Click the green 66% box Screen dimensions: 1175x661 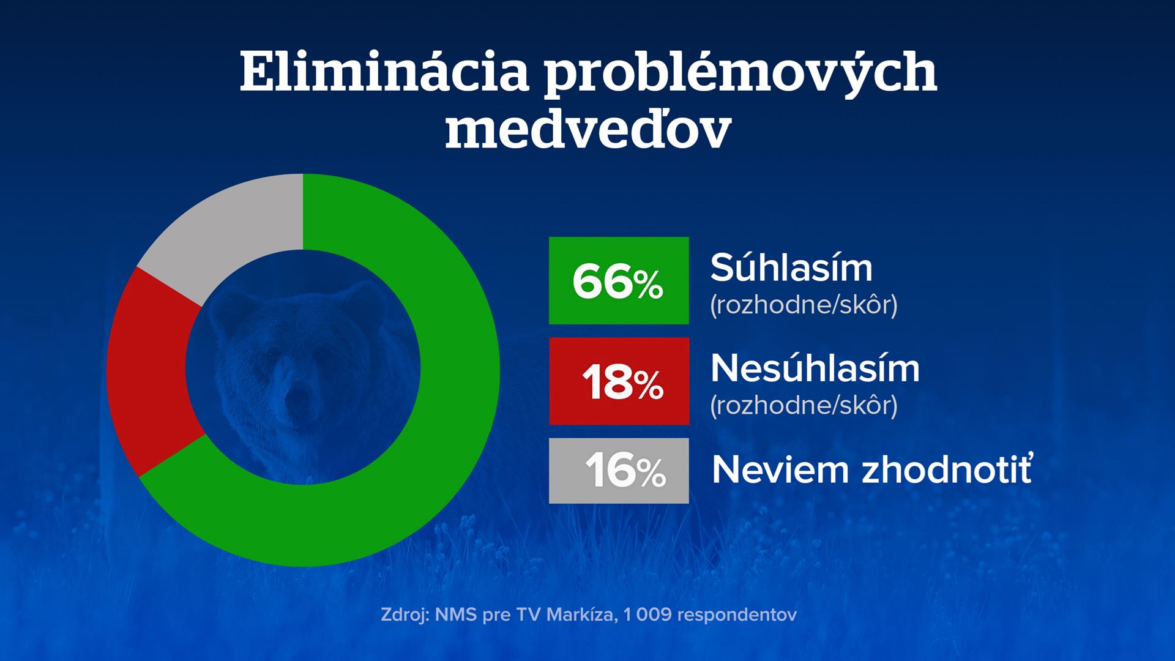tap(619, 280)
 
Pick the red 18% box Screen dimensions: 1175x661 tap(619, 381)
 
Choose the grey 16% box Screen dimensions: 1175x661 tap(619, 471)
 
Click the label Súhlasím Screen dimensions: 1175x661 tap(791, 267)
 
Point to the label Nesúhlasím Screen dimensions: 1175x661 tap(815, 368)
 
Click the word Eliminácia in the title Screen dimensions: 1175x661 tap(384, 73)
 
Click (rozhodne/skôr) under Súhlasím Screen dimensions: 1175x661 tap(804, 304)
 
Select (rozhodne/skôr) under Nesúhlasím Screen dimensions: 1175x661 tap(804, 405)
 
